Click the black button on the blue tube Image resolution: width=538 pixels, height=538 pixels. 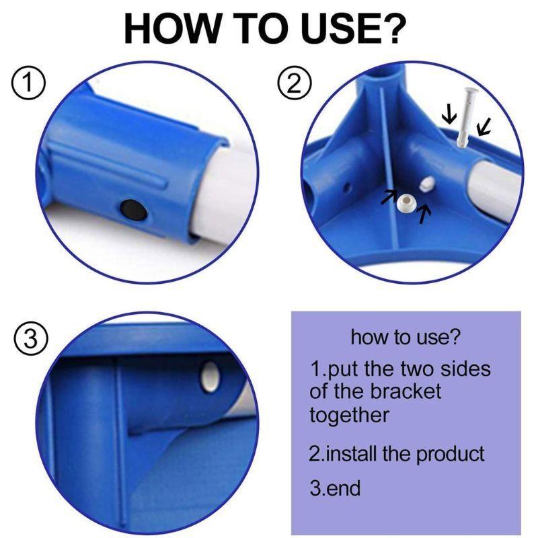click(x=132, y=210)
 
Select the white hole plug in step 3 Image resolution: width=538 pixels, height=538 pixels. click(x=210, y=375)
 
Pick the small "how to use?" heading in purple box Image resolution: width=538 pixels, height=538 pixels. click(x=406, y=337)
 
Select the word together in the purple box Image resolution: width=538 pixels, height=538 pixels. click(x=349, y=414)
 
